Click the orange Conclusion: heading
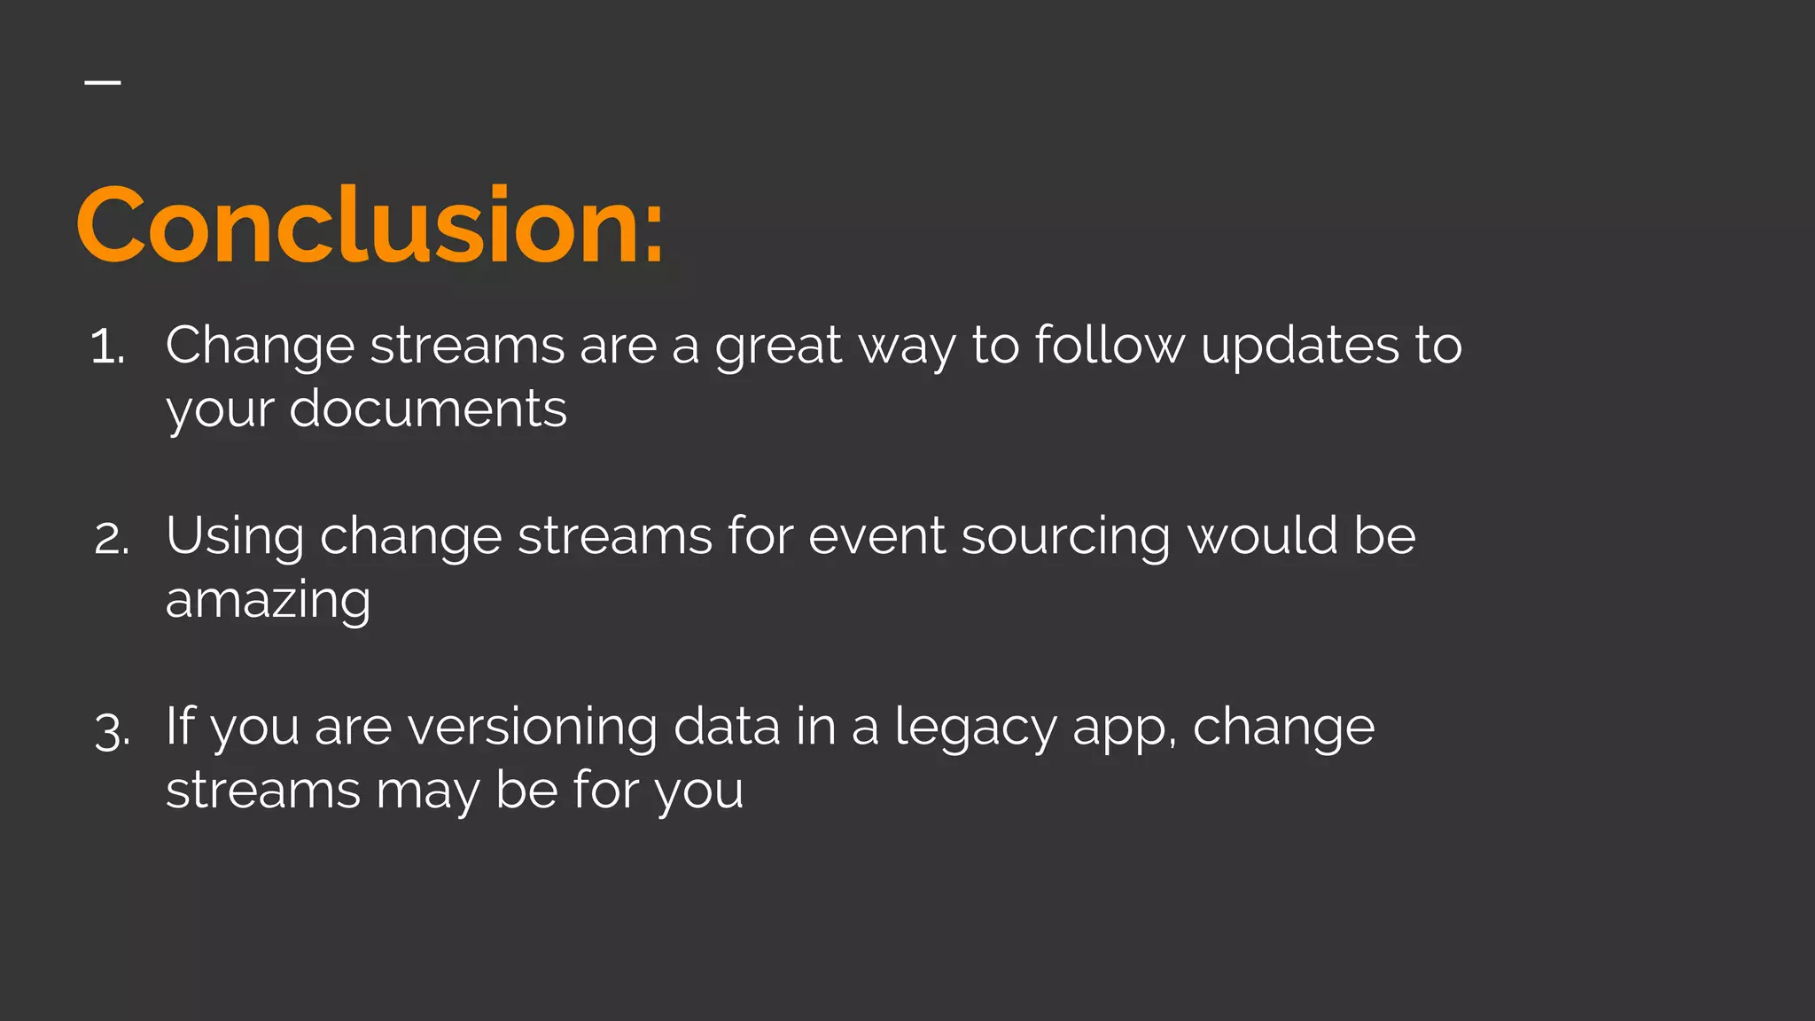tap(370, 226)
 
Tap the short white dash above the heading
tap(103, 82)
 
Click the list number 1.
tap(106, 347)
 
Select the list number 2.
tap(112, 538)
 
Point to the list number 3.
tap(112, 731)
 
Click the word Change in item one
tap(260, 347)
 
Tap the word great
tap(778, 347)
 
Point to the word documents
tap(428, 409)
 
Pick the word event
tap(876, 536)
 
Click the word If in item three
tap(180, 726)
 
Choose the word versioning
tap(533, 728)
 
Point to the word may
tap(428, 791)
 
